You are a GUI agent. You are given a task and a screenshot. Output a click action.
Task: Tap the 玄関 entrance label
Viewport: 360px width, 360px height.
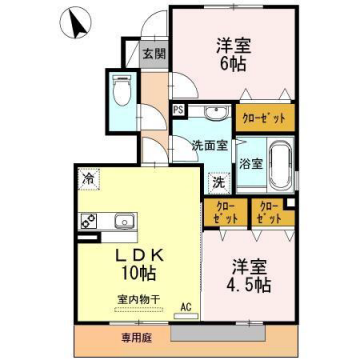click(153, 54)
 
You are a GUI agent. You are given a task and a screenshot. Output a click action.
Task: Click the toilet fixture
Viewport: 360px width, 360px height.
click(121, 95)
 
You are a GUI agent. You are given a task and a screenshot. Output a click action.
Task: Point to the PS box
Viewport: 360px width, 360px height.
click(178, 110)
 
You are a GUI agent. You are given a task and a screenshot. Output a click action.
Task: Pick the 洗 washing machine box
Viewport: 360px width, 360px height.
click(217, 183)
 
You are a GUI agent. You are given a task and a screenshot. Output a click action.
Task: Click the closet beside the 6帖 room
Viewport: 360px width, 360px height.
click(266, 118)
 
